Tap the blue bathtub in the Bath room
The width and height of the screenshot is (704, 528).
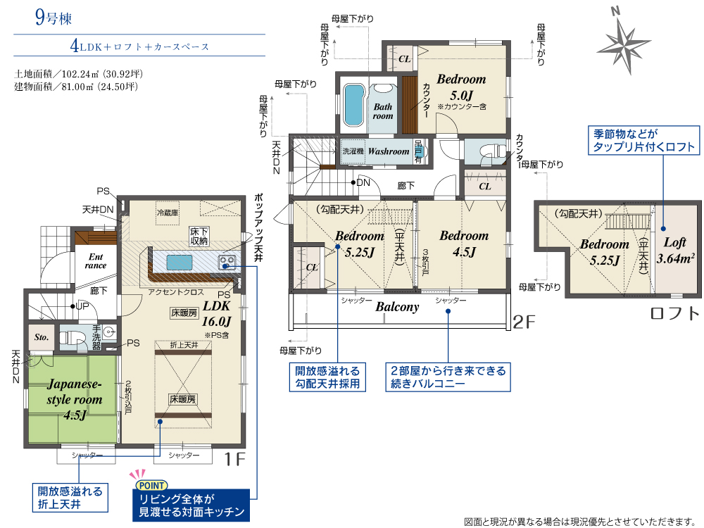point(353,106)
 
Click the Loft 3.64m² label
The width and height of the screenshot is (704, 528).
point(675,251)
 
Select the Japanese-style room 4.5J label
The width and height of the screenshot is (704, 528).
point(75,399)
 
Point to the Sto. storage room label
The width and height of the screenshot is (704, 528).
point(42,337)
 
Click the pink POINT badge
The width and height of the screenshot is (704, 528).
point(152,485)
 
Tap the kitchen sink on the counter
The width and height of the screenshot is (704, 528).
point(180,262)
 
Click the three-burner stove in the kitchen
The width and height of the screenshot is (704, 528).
point(227,262)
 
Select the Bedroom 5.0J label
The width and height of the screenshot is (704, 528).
point(462,87)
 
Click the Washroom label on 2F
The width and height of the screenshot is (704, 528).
point(389,151)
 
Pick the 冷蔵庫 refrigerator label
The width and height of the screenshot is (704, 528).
point(168,213)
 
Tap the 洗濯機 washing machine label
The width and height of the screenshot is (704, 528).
point(353,151)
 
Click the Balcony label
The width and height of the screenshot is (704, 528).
point(397,307)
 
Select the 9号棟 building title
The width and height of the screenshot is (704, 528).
point(54,18)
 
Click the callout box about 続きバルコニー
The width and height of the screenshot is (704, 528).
point(448,377)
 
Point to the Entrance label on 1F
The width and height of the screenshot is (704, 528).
point(96,261)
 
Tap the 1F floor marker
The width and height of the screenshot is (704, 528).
point(234,459)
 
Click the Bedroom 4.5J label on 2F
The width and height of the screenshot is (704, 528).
point(464,244)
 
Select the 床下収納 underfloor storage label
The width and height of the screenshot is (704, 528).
point(199,236)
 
